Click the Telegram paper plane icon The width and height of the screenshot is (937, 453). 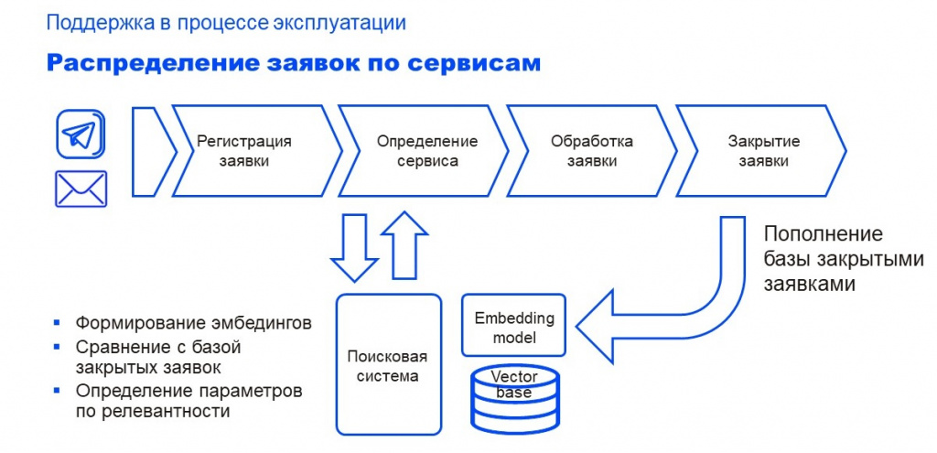coord(81,135)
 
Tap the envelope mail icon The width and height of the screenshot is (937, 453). coord(81,189)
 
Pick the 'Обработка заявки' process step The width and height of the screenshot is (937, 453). coord(591,151)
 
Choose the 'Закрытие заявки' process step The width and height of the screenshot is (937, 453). coord(763,151)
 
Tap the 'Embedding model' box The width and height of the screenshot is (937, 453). coord(514,328)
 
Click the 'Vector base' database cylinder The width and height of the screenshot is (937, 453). coord(514,399)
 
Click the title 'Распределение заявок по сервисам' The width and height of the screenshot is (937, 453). coord(293,63)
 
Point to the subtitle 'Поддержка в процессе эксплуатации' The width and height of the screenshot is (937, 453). coord(226,22)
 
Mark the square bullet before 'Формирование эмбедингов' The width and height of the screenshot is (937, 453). coord(57,323)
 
